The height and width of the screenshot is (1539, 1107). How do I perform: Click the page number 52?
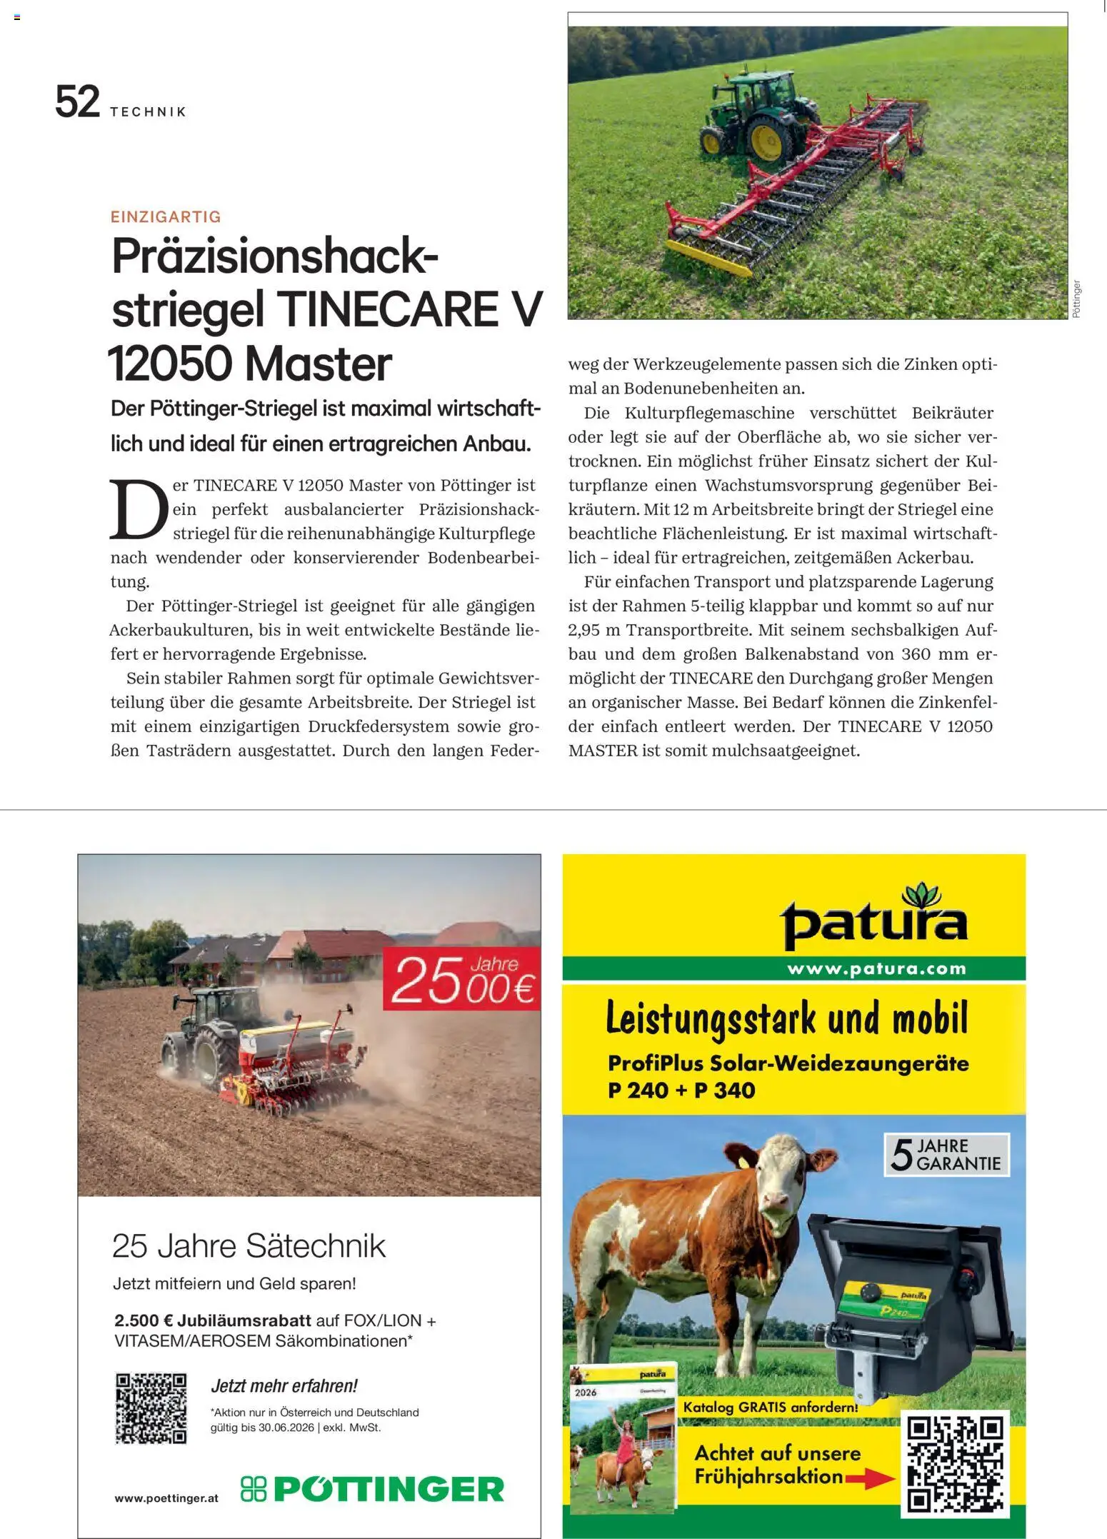pos(77,102)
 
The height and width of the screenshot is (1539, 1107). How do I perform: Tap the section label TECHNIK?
pos(149,112)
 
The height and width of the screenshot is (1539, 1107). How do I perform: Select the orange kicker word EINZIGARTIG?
pos(166,217)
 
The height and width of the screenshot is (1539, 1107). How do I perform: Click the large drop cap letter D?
pos(139,510)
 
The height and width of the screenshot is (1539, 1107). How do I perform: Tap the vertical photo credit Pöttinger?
pos(1076,299)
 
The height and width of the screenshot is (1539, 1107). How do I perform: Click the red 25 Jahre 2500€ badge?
pos(461,978)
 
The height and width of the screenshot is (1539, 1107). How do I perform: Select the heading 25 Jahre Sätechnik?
pos(249,1247)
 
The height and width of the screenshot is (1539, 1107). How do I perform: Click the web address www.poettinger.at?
pos(166,1498)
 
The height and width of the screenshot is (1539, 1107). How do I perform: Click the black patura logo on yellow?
pos(875,921)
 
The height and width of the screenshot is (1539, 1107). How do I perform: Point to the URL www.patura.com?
pos(876,969)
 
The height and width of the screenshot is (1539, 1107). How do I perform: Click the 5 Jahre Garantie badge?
pos(946,1155)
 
